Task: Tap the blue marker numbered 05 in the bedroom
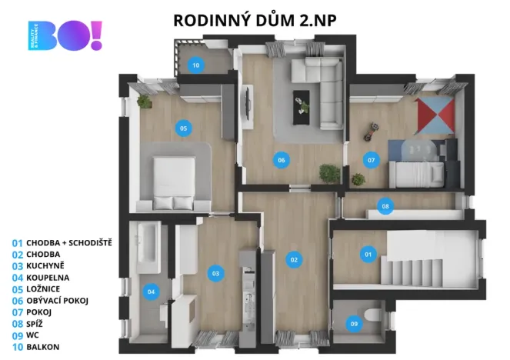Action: pos(183,128)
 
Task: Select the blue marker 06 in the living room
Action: pos(282,160)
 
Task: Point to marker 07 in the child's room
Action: pos(371,160)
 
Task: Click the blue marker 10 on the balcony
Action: pos(195,65)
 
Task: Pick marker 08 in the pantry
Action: pos(385,205)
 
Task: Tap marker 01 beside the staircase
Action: pos(367,254)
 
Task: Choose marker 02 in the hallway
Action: pos(293,259)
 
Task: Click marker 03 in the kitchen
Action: pos(215,272)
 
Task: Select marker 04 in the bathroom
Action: pos(151,291)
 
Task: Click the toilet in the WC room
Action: pos(374,315)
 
